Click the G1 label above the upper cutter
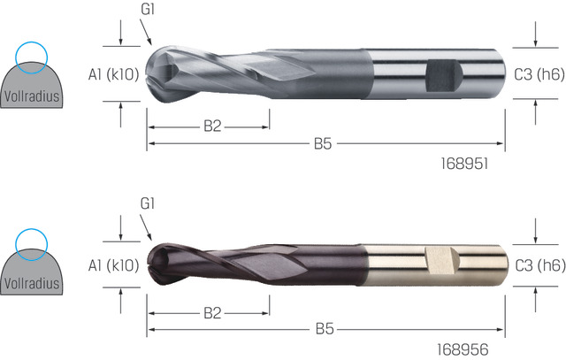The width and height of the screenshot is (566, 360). [148, 9]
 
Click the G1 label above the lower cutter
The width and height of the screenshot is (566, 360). [148, 203]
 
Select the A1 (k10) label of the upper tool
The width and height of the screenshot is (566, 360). [113, 74]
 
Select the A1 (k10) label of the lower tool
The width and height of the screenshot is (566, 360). [113, 265]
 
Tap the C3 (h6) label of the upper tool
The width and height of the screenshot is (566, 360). [539, 74]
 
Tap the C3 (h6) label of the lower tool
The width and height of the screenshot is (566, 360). [540, 265]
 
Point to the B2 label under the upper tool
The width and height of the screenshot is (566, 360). [212, 126]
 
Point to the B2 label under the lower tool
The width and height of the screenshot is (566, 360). [212, 313]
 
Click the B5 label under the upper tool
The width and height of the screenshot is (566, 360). [323, 143]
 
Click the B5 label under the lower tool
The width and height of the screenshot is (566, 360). [325, 329]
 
